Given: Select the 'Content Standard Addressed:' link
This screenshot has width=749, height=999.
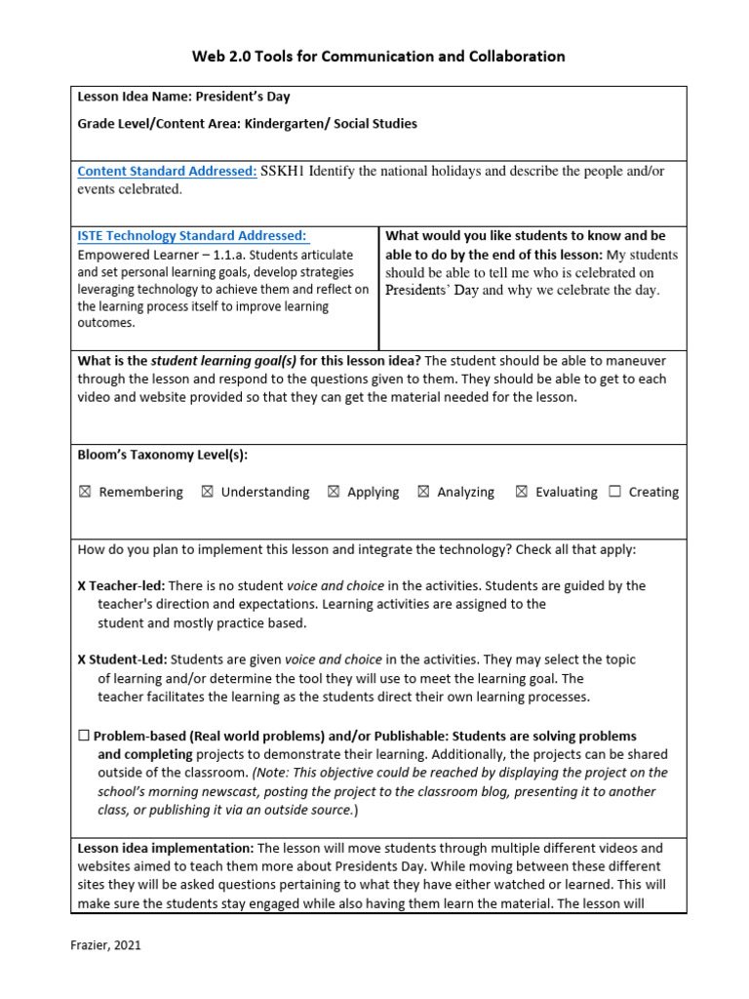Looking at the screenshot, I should coord(167,171).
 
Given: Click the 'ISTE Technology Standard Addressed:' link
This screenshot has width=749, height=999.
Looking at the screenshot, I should coord(192,235).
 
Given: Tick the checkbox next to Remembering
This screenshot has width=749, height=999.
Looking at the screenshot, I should coord(85,493).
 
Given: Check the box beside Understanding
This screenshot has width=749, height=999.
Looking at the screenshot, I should coord(207,493).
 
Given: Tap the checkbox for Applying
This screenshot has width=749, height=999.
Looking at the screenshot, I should coord(334,493).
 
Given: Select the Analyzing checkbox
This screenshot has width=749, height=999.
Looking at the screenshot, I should coord(423,493).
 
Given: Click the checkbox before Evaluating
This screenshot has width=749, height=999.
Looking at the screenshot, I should coord(522,493).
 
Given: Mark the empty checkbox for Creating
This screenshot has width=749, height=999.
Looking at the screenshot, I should coord(614,493).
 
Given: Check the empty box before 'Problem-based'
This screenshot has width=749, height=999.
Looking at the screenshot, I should coord(84,737).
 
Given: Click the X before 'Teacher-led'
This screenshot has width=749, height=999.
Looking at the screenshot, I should coord(82,586).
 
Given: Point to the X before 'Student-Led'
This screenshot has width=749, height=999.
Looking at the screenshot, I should coord(82,660).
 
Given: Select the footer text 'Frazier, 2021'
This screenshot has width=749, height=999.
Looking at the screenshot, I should coord(110,945).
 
